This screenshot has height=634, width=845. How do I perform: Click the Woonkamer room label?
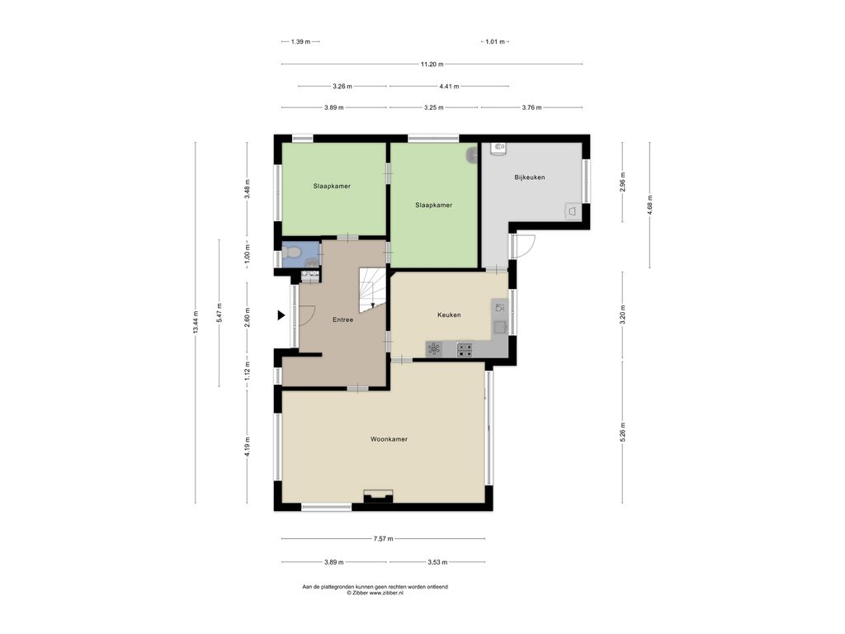coord(389,439)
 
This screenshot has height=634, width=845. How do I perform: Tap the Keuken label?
coord(449,315)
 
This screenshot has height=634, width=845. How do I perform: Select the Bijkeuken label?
coord(529,177)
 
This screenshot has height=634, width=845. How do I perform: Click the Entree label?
coord(342,319)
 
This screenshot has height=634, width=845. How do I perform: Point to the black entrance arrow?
coord(281,315)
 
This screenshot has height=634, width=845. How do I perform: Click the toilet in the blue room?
coord(291,251)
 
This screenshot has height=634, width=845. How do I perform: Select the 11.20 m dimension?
coord(432,64)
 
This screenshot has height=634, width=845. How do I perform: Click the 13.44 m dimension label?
coord(196,323)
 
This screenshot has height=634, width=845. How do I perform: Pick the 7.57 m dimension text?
coord(383,538)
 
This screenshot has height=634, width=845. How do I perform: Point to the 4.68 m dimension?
coord(650,206)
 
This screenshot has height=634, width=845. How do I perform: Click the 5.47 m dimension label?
coord(219,313)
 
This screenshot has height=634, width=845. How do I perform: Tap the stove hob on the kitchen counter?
coord(465,350)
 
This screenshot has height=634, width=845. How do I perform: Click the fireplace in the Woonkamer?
coord(378,496)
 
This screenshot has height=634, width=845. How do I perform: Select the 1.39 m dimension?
coord(300,41)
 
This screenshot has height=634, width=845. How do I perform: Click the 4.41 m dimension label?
coord(449,86)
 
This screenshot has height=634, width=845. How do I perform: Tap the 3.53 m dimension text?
coord(437,562)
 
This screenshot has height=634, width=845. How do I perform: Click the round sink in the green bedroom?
coord(473,155)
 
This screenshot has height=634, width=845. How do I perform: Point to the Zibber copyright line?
coord(375,593)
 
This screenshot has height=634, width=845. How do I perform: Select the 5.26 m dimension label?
coord(623,433)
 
